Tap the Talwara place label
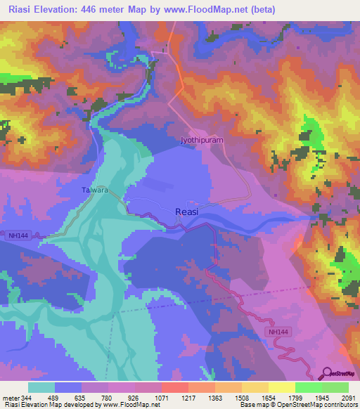[94, 189]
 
